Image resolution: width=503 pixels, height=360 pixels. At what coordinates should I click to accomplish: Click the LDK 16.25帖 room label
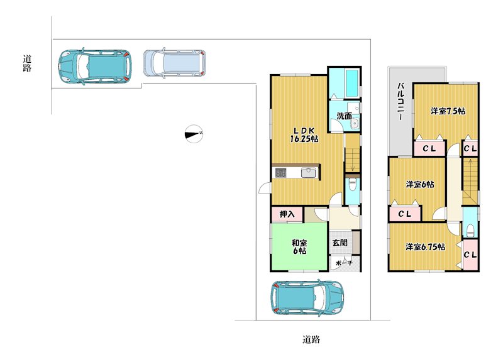pos(304,134)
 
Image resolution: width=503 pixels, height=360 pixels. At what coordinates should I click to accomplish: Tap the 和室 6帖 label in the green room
pos(299,247)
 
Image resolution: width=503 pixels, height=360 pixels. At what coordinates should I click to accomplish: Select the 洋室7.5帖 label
pos(448,111)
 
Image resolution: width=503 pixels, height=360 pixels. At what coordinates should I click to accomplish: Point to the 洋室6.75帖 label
pos(425,247)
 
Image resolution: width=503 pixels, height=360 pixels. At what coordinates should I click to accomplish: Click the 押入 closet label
pos(287,214)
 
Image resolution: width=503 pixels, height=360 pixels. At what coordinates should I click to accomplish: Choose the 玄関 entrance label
pos(340,243)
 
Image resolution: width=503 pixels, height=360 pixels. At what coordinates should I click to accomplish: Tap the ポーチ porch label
pos(344,263)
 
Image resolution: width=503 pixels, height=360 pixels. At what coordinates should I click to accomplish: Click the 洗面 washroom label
pos(344,116)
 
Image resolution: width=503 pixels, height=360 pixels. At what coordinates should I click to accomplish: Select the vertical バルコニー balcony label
pos(401,101)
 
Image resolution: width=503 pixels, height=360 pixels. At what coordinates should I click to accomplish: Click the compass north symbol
pos(194,133)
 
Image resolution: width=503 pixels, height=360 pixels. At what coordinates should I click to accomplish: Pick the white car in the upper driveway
pos(175,63)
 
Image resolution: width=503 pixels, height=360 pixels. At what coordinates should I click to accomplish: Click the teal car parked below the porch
pos(307,298)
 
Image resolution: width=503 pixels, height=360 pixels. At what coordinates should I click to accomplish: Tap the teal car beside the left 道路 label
pos(95,67)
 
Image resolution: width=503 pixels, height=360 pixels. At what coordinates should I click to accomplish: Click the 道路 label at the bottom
pos(311,339)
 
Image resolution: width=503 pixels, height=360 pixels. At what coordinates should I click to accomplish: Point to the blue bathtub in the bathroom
pos(351,84)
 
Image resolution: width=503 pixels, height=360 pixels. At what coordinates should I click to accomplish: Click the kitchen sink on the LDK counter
pos(309,173)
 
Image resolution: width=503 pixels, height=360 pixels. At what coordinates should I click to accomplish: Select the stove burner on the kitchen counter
pos(280,173)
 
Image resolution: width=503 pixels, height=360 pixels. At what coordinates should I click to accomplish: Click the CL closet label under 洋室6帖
pos(404,214)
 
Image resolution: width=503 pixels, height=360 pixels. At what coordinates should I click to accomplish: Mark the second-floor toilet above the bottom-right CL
pos(470,230)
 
